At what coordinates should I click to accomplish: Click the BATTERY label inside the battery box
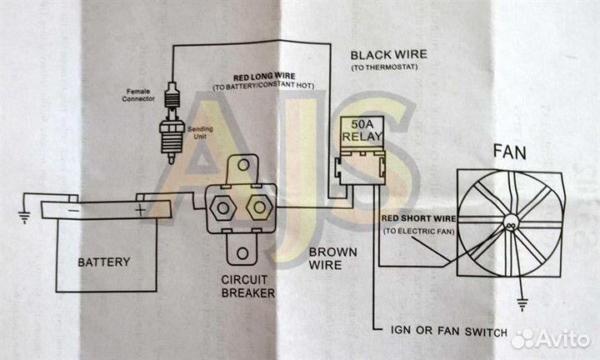pyautogui.click(x=103, y=262)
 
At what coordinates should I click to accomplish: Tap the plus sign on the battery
pyautogui.click(x=139, y=210)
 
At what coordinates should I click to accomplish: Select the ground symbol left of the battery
pyautogui.click(x=24, y=218)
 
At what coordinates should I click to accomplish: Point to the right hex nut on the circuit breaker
pyautogui.click(x=258, y=205)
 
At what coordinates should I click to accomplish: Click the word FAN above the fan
pyautogui.click(x=509, y=152)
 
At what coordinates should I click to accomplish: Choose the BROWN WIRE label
pyautogui.click(x=332, y=258)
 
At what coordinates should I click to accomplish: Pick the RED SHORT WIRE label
pyautogui.click(x=417, y=218)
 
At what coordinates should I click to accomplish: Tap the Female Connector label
pyautogui.click(x=139, y=94)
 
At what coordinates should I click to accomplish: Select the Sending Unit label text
pyautogui.click(x=201, y=134)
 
